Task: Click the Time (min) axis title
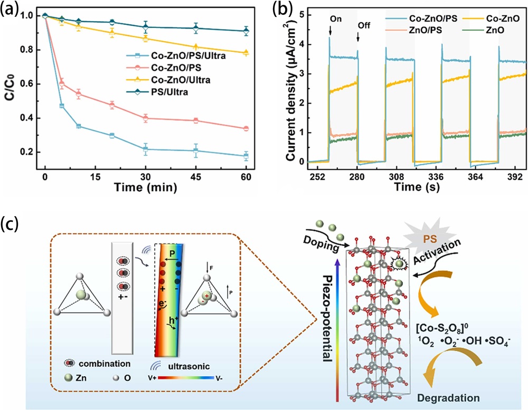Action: [147, 187]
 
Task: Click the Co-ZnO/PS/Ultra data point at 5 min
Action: [62, 106]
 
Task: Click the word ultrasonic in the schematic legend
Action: [205, 365]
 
